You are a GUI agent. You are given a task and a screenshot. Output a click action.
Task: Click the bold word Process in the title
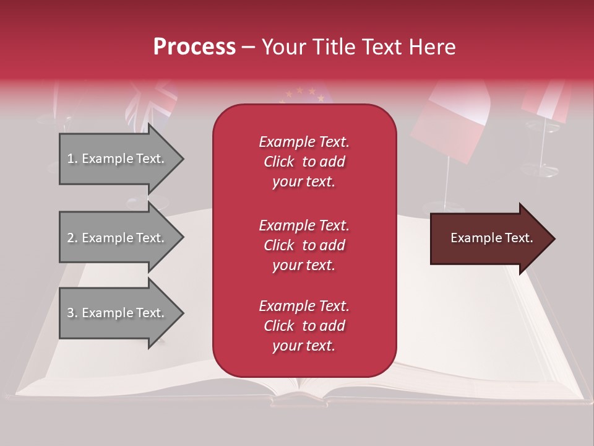(x=194, y=47)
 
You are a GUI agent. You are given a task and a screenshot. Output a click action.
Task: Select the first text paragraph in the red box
(x=304, y=162)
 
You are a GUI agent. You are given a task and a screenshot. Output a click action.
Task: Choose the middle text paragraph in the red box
(x=304, y=245)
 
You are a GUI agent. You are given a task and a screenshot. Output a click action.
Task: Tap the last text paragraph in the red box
(x=304, y=326)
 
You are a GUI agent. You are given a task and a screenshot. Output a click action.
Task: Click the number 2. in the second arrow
(x=72, y=238)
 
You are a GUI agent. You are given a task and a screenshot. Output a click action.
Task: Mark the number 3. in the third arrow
(x=72, y=313)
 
